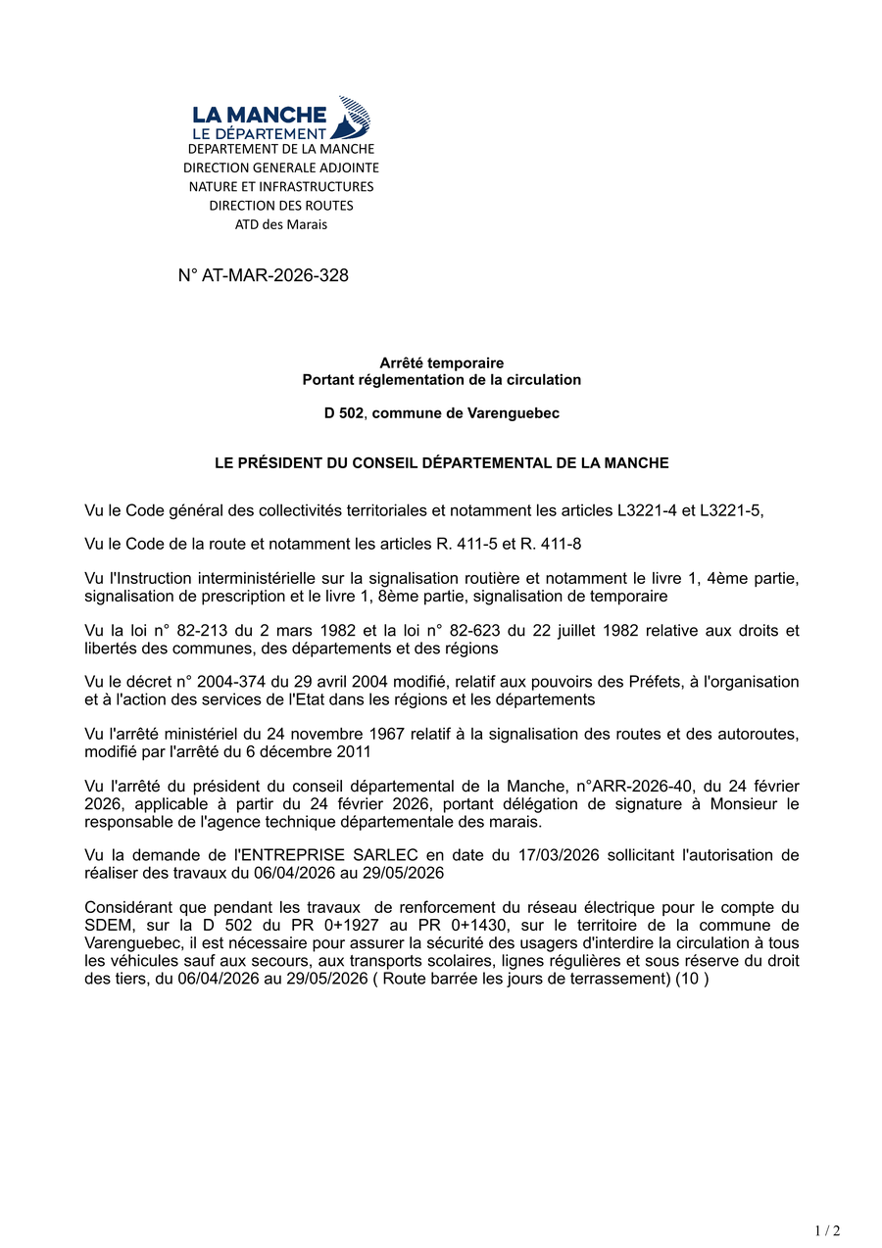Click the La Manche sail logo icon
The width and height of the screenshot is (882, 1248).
pos(353,117)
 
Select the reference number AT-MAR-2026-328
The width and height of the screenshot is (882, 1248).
pos(274,275)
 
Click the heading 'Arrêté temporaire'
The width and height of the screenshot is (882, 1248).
pos(442,363)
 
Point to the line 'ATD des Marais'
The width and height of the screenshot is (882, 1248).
pos(281,224)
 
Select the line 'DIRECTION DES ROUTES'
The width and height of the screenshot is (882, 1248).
pos(281,206)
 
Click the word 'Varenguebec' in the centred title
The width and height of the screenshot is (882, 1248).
pos(515,413)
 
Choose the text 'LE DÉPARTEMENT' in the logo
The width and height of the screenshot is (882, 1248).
pos(259,133)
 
